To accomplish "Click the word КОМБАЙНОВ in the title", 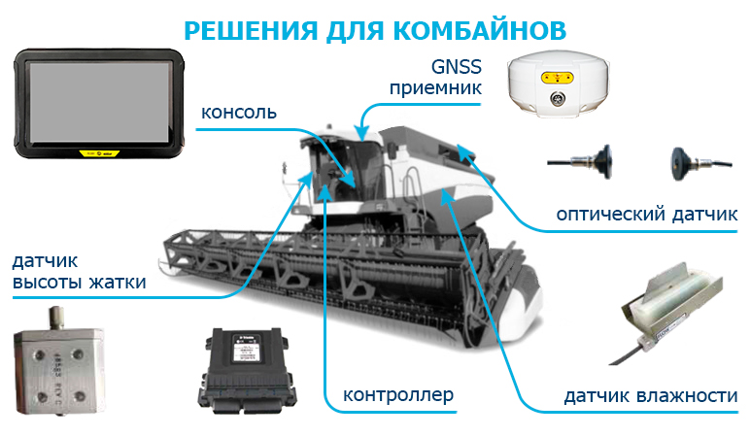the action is [480, 30].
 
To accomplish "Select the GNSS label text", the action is [456, 67].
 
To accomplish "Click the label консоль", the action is [239, 113].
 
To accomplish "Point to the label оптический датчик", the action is [647, 214].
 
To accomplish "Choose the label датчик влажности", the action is [650, 396].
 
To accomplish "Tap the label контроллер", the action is [398, 395].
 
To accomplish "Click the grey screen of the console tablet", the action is [99, 102].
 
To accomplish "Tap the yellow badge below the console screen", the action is [99, 153].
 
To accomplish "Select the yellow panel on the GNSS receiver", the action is [557, 77].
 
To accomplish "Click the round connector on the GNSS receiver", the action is [557, 98].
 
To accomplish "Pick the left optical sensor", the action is [581, 162].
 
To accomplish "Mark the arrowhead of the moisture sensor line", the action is [447, 195].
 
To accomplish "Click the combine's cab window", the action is [335, 172].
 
